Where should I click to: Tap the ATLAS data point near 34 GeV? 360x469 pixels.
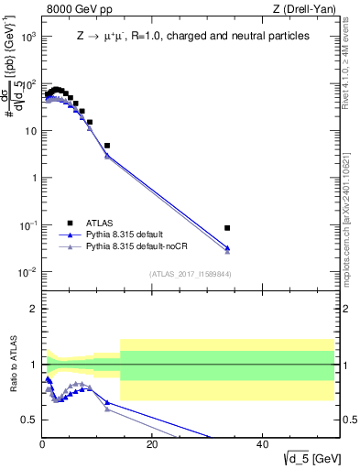point(227,227)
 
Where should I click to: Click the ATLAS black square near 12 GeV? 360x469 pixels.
point(107,146)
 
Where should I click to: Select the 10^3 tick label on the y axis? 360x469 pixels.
point(27,37)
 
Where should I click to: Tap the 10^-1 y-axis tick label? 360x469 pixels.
point(27,225)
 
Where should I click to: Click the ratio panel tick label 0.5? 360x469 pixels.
point(29,420)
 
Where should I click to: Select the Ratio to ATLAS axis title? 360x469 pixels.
point(13,365)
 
